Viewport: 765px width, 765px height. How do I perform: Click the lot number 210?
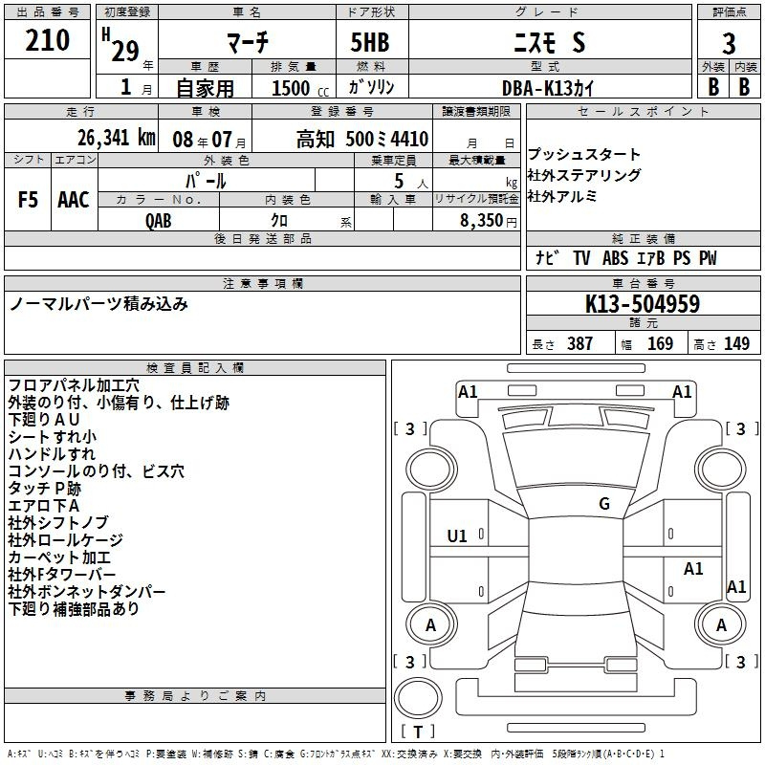coord(47,40)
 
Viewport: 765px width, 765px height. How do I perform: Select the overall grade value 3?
coord(729,44)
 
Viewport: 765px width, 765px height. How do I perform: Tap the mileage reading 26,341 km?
coord(116,138)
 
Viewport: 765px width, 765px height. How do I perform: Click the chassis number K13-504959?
coord(643,304)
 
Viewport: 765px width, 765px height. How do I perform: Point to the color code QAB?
coord(159,221)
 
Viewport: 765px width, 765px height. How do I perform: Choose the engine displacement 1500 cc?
coord(300,88)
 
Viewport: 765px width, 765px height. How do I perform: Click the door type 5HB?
coord(370,42)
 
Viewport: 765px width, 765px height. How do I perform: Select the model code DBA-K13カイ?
coord(548,88)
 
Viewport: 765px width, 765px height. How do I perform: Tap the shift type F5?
coord(28,200)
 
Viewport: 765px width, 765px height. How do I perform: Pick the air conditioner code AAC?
coord(74,200)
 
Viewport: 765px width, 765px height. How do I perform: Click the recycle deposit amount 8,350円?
coord(489,221)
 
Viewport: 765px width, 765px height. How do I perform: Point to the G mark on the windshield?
coord(604,504)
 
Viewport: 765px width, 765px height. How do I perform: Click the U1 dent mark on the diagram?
coord(457,536)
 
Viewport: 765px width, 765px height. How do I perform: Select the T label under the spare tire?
coord(418,732)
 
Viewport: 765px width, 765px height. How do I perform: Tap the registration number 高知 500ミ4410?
coord(362,139)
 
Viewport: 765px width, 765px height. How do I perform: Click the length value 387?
coord(579,343)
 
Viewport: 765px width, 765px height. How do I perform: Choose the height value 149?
coord(736,343)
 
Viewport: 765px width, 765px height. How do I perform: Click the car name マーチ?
coord(248,42)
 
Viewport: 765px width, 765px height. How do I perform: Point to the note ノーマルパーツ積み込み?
coord(98,304)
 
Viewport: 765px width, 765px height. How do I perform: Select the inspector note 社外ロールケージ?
coord(65,539)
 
